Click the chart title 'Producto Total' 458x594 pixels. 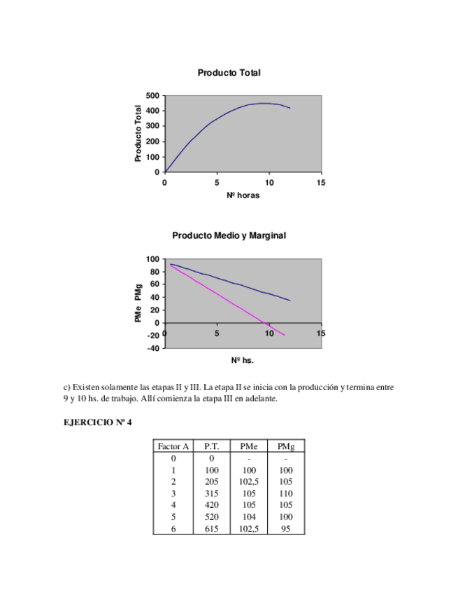click(229, 73)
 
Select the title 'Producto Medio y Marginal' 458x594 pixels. click(229, 236)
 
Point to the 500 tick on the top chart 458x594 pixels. click(152, 95)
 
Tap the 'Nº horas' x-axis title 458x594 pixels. click(243, 195)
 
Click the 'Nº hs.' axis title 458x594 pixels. click(243, 360)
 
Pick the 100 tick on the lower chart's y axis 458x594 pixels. click(152, 259)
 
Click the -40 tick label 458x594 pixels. click(152, 348)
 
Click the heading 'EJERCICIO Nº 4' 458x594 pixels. click(97, 422)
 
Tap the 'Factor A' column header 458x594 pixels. click(173, 445)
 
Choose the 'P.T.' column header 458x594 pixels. click(212, 445)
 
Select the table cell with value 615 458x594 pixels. click(212, 530)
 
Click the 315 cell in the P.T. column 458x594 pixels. click(212, 493)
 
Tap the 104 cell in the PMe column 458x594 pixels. click(248, 518)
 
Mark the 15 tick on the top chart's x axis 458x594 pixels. click(321, 184)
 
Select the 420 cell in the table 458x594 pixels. click(212, 505)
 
